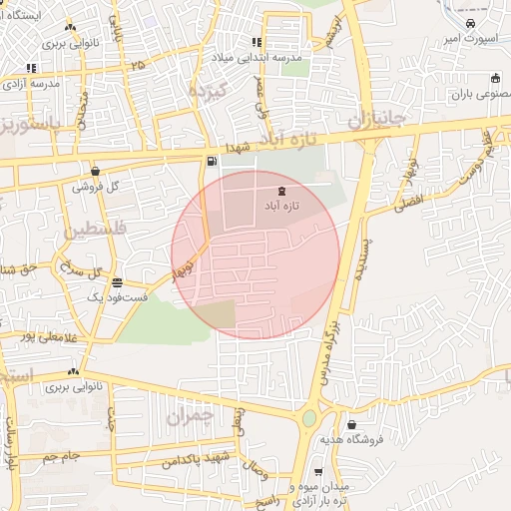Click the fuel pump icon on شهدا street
[x=212, y=161]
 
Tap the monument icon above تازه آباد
[x=280, y=191]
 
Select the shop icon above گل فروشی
[x=95, y=171]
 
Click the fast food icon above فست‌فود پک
[x=118, y=282]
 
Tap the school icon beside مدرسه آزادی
[x=31, y=68]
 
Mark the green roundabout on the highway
[x=309, y=418]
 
